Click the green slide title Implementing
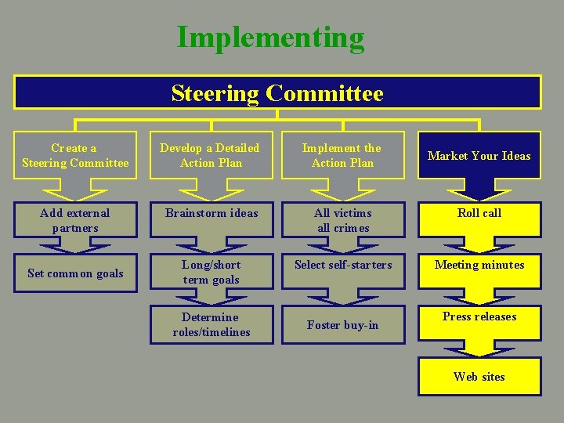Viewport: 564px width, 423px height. (x=270, y=38)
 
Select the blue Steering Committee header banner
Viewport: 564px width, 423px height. (x=277, y=93)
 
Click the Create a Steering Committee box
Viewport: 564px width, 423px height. (x=75, y=155)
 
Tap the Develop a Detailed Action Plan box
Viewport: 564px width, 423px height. (x=210, y=155)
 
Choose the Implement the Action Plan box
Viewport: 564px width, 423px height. (x=342, y=155)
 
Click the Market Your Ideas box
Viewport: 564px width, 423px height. (x=479, y=155)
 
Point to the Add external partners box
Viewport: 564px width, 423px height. (x=75, y=220)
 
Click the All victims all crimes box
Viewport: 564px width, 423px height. (x=343, y=220)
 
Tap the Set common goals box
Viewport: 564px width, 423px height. (x=75, y=273)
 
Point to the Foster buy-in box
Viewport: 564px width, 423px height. (x=343, y=324)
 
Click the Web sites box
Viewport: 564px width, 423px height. (x=479, y=376)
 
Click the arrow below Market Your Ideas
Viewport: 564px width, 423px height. (x=479, y=190)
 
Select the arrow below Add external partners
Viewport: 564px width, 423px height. (x=75, y=245)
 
